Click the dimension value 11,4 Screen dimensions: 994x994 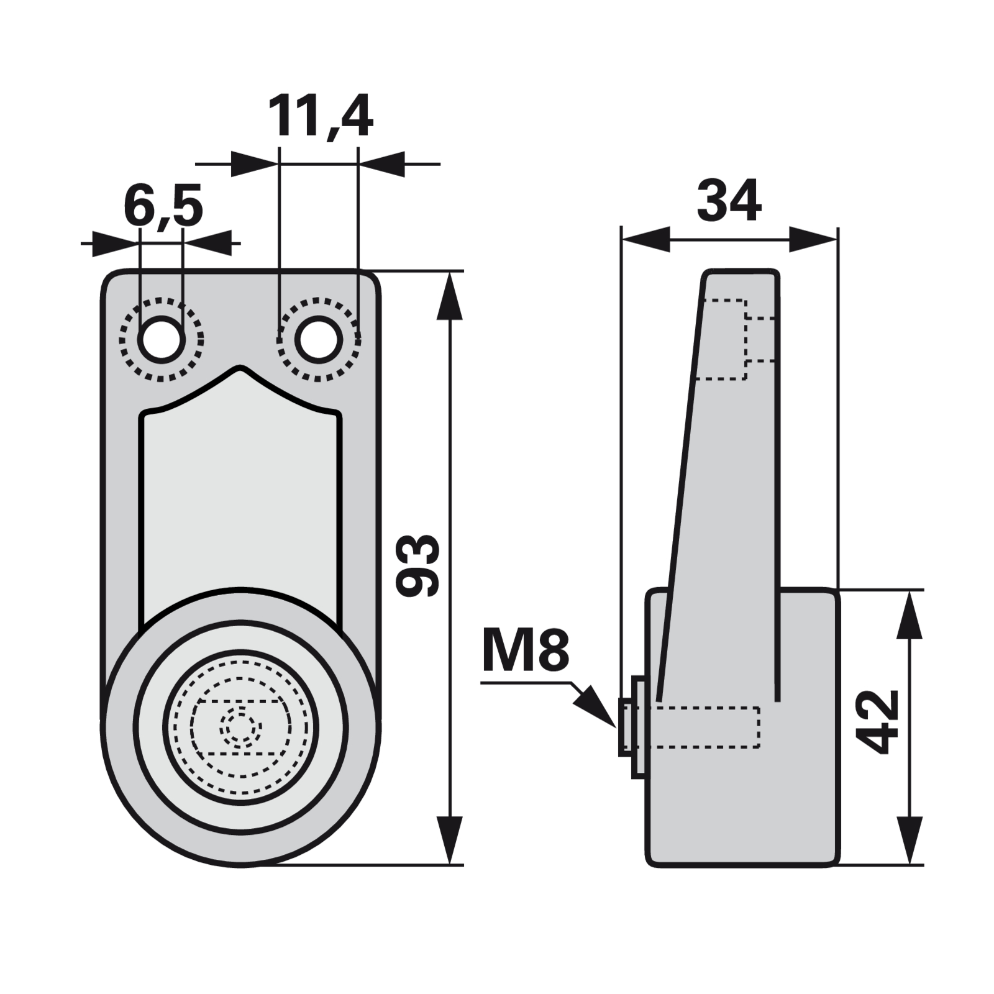[320, 117]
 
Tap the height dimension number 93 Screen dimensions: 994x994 [417, 565]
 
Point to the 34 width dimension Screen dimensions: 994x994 [729, 201]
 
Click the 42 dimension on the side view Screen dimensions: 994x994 [877, 721]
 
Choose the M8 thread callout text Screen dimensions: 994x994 [526, 650]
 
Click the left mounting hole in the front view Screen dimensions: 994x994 [161, 339]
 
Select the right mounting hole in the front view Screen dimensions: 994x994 [319, 339]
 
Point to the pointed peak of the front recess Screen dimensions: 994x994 [240, 370]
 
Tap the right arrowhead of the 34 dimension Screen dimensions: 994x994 [814, 239]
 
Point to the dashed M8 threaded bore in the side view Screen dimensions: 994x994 [708, 727]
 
